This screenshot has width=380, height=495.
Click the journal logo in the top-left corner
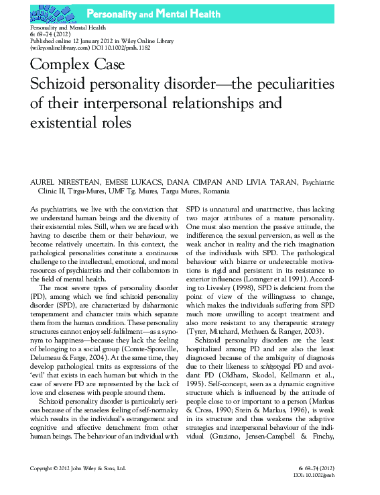pos(48,13)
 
